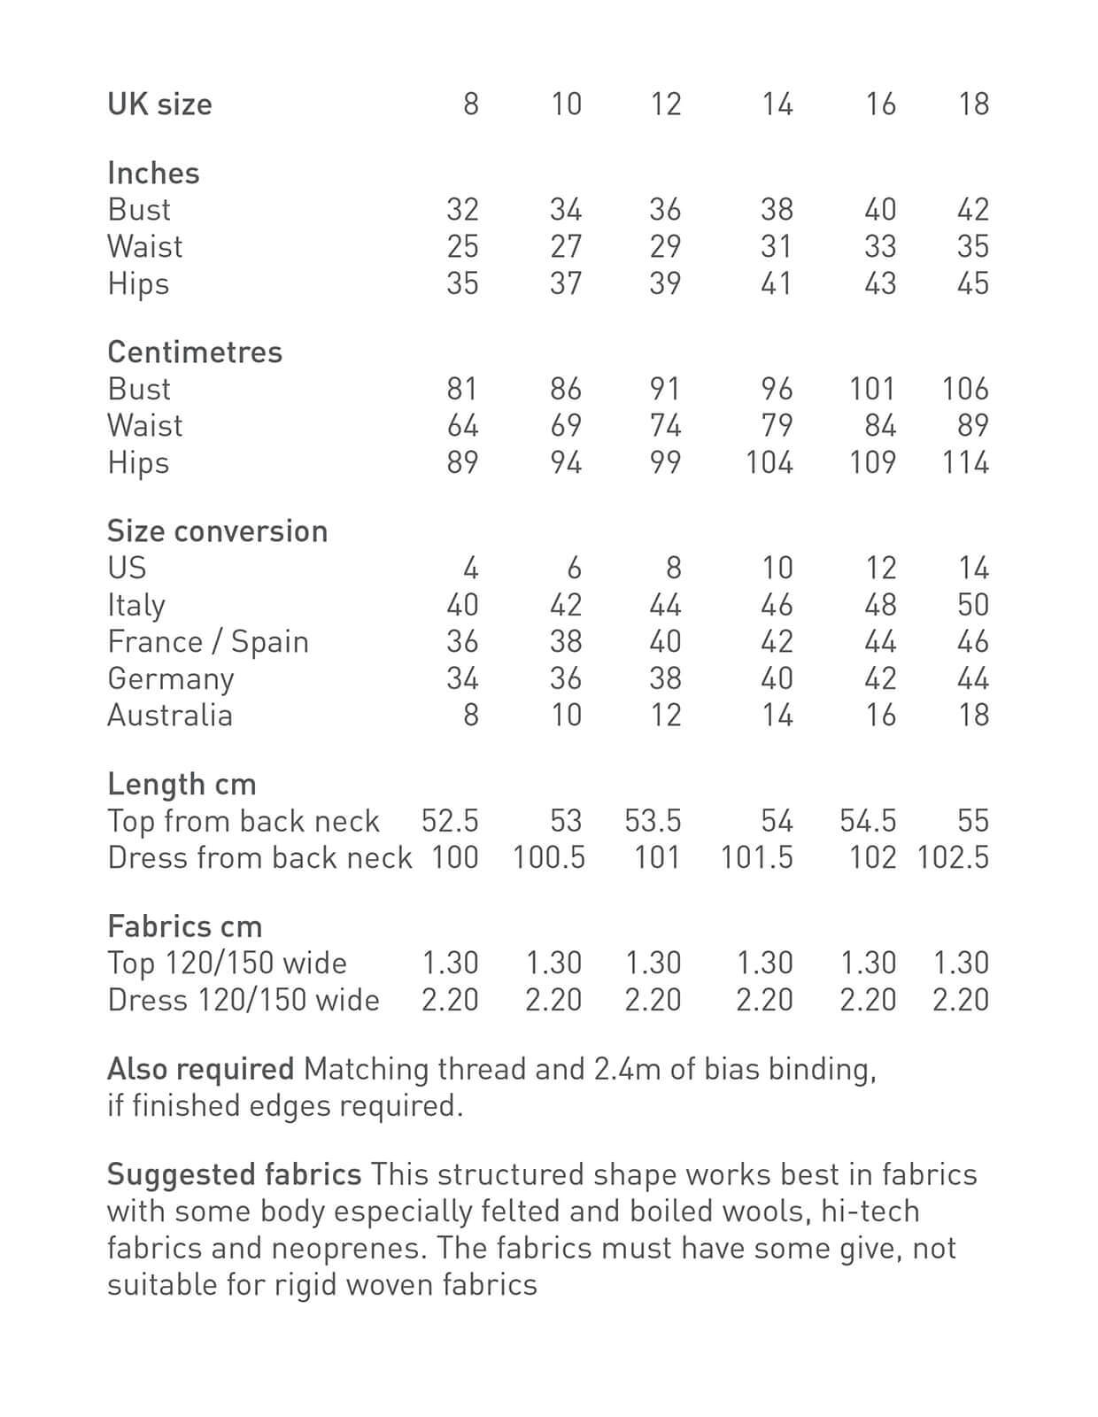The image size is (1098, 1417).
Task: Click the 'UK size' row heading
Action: click(x=159, y=105)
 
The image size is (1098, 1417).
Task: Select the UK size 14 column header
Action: click(x=777, y=105)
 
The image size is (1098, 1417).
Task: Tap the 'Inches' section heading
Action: click(x=153, y=173)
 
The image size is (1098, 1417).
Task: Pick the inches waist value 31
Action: click(x=777, y=246)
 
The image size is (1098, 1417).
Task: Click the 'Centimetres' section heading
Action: click(x=195, y=352)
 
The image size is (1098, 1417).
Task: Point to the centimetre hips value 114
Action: click(x=964, y=462)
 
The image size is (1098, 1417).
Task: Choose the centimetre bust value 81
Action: click(x=462, y=389)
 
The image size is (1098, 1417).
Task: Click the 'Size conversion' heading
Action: click(x=217, y=530)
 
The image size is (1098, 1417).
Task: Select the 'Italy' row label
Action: click(x=136, y=605)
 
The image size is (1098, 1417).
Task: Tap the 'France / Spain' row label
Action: click(x=208, y=641)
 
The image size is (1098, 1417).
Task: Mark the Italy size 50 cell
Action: click(x=972, y=605)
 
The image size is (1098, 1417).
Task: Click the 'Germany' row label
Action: click(x=171, y=678)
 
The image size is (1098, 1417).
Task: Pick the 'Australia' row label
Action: click(x=170, y=715)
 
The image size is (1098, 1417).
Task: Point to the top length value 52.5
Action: click(x=450, y=821)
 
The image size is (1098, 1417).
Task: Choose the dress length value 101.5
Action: click(x=756, y=857)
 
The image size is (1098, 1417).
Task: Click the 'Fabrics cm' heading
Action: click(x=184, y=926)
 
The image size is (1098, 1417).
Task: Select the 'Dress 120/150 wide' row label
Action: click(x=244, y=1000)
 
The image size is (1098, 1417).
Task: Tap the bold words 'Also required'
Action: click(x=200, y=1069)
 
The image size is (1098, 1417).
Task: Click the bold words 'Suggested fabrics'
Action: click(x=234, y=1174)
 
